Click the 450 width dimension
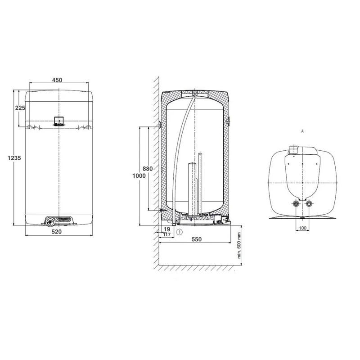[57, 80]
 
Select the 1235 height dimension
[14, 158]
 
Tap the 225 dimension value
[20, 108]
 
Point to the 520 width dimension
[57, 232]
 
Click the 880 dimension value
[148, 169]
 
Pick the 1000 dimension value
[139, 176]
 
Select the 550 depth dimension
[197, 239]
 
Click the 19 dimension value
[167, 229]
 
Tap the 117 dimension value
[167, 234]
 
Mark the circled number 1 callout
[180, 232]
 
